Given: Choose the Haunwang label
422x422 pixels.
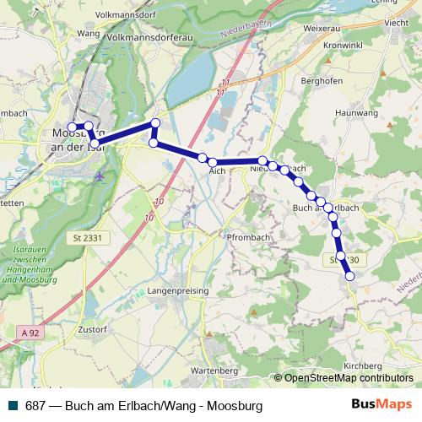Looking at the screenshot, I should coord(354,111).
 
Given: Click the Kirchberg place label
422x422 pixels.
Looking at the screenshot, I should coord(364,365).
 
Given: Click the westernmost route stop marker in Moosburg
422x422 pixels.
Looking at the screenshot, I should coord(72,127).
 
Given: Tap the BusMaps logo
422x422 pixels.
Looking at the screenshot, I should coord(381,405).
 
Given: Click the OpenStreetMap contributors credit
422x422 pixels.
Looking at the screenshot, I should coord(349,379).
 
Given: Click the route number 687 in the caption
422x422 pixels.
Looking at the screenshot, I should coord(36,406).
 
